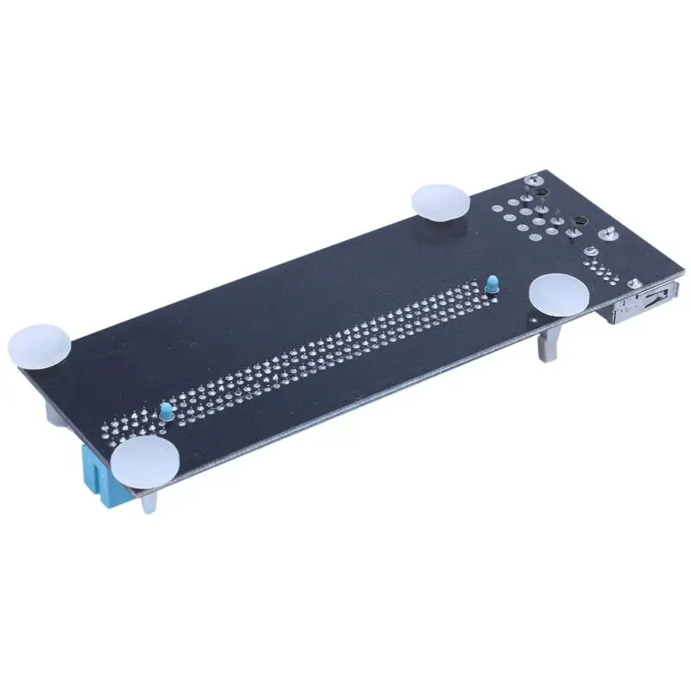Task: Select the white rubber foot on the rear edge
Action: click(x=441, y=200)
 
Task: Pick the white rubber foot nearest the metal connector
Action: click(x=559, y=294)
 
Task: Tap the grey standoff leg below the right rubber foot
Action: click(x=546, y=343)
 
